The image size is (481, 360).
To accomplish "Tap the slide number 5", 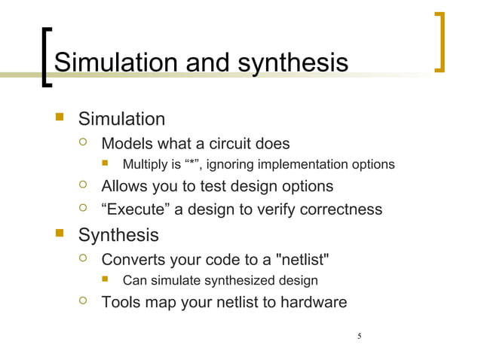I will (360, 336).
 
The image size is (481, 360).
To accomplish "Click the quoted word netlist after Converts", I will (303, 261).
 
